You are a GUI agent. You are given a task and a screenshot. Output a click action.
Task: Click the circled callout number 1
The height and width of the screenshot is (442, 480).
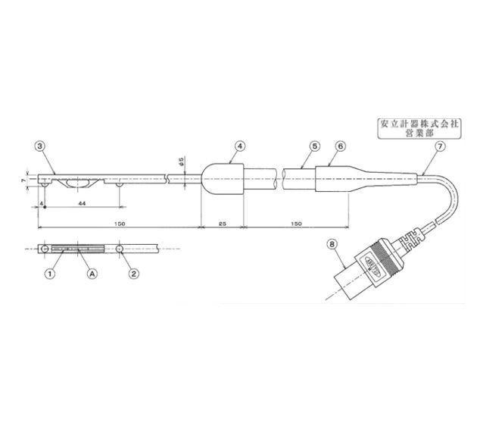pyautogui.click(x=50, y=272)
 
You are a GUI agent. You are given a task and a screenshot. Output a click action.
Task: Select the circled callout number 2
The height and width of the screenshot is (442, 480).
pyautogui.click(x=133, y=272)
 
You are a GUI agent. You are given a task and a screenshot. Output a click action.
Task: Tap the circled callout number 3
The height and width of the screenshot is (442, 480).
pyautogui.click(x=40, y=146)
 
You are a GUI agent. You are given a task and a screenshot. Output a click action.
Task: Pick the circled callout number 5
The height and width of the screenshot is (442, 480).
pyautogui.click(x=314, y=146)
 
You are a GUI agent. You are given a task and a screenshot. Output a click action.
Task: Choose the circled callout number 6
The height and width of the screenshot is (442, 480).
pyautogui.click(x=340, y=146)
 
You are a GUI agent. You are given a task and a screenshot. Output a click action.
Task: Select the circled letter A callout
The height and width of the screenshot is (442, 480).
pyautogui.click(x=92, y=272)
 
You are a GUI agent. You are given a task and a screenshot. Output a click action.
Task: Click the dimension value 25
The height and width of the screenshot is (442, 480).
pyautogui.click(x=221, y=224)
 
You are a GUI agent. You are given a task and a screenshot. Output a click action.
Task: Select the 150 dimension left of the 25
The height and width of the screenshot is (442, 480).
pyautogui.click(x=120, y=224)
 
